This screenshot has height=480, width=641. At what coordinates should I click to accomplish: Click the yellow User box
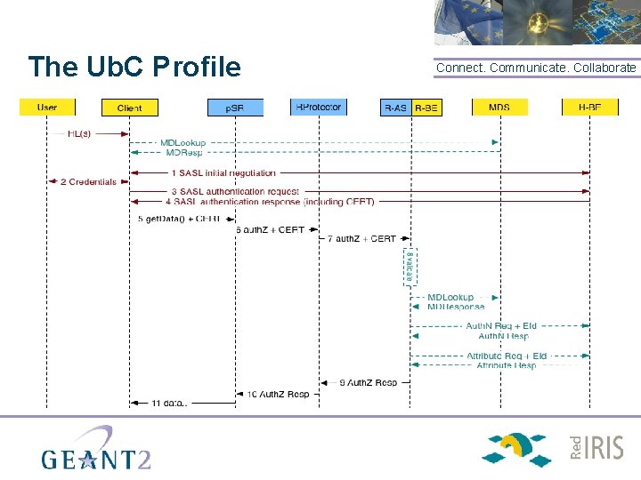pos(47,108)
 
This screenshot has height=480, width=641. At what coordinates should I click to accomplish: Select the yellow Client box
pos(129,108)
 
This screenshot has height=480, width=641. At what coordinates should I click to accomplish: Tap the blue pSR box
pos(235,108)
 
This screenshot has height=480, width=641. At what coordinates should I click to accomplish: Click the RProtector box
pos(318,108)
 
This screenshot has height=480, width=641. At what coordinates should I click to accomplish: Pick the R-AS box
pos(395,108)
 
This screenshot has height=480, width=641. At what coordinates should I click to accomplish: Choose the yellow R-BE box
pos(426,108)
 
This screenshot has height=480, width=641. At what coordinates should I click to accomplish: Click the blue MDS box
pos(499,108)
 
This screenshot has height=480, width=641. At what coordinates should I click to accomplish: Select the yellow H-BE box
pos(589,108)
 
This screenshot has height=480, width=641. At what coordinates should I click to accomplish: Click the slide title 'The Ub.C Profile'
pos(134,67)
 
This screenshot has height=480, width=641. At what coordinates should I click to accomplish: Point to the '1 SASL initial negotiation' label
pos(224,172)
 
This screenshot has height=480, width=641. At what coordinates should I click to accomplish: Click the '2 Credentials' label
pos(88,182)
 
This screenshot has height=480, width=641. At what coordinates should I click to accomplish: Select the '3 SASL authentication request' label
pos(235,191)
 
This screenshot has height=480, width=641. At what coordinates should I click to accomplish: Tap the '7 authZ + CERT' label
pos(361,239)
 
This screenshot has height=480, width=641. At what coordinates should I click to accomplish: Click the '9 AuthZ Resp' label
pos(369,383)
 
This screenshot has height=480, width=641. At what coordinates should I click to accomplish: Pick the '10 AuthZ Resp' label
pos(278,394)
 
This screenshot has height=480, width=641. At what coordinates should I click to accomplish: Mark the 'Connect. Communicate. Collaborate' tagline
pos(536,68)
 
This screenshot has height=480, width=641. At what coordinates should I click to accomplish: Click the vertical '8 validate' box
pos(410,267)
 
